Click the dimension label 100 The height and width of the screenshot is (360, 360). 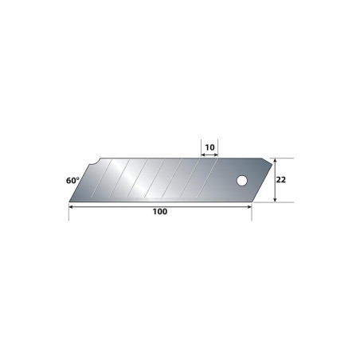point(160,212)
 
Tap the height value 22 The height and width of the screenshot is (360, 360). point(281,180)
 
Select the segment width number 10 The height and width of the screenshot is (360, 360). point(209,147)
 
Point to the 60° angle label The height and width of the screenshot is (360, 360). point(72,181)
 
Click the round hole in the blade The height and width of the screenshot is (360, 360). point(242,181)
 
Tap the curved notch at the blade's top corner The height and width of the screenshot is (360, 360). point(94,162)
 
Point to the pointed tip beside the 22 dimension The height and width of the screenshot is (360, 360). point(272,164)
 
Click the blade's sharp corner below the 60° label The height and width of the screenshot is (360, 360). point(69,202)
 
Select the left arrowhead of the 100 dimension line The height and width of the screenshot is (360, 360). point(71,206)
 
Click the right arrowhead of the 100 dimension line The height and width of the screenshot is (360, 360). point(249,206)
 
